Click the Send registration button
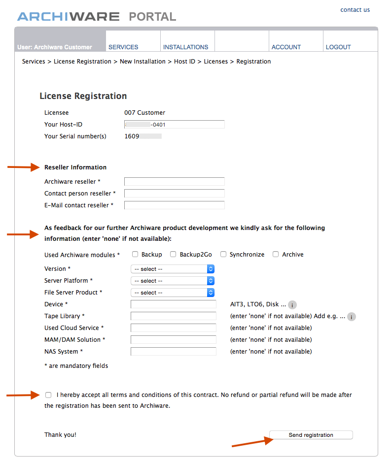click(311, 435)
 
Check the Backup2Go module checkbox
click(173, 255)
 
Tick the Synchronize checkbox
click(223, 255)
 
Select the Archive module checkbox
click(276, 255)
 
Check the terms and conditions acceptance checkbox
click(48, 395)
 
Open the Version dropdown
click(173, 269)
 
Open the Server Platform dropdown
click(173, 281)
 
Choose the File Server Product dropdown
click(173, 293)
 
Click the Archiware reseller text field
click(174, 182)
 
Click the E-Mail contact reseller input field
click(174, 205)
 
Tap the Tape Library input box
click(173, 316)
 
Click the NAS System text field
click(173, 352)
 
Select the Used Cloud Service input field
click(173, 328)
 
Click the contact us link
click(355, 10)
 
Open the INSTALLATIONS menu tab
click(185, 47)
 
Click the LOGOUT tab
click(338, 47)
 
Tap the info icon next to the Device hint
click(292, 305)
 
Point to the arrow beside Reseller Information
click(23, 167)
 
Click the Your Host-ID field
click(174, 125)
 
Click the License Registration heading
click(83, 96)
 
